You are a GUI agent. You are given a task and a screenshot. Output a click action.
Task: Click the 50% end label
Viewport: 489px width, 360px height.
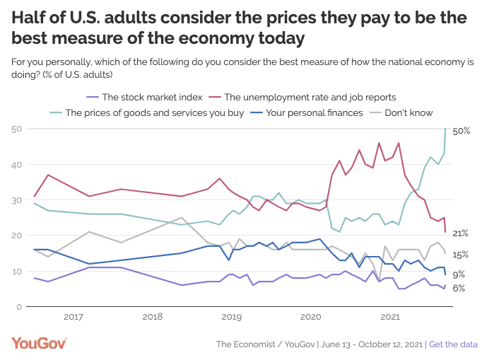(x=461, y=132)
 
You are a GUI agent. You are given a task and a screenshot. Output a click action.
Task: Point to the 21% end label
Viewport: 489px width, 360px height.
(x=461, y=233)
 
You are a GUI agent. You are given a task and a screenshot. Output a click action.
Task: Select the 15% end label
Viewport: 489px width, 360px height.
(x=461, y=255)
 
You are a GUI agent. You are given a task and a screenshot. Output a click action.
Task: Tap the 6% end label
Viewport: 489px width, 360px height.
(x=459, y=289)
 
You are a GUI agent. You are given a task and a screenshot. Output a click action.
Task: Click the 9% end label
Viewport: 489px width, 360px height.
(x=459, y=274)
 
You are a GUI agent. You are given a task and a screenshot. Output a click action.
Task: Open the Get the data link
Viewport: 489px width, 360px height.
(x=453, y=344)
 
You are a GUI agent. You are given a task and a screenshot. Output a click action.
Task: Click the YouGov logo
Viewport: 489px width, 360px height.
(x=39, y=343)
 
